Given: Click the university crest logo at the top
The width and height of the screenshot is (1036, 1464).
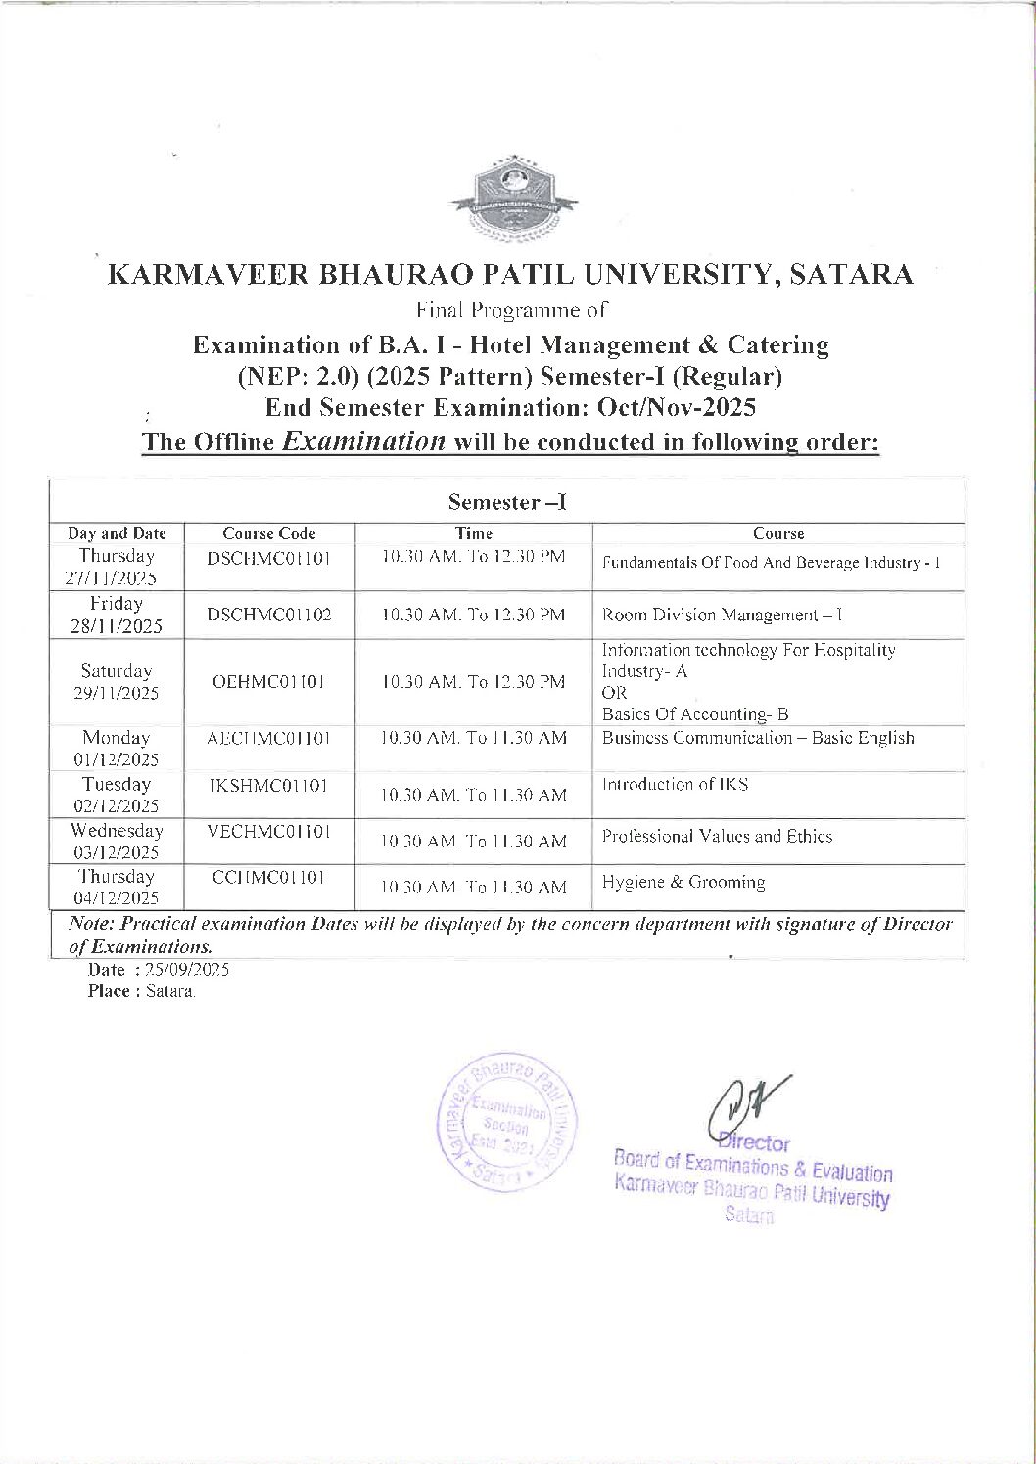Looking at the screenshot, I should (513, 197).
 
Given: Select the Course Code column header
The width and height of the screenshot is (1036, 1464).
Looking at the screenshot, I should (269, 533).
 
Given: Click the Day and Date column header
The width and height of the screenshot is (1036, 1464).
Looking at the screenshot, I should (117, 533).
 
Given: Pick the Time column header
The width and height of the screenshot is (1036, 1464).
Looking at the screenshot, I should (474, 533).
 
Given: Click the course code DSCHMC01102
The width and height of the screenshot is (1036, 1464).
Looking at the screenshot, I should (269, 615).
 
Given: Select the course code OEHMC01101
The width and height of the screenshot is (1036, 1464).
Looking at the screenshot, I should (269, 681).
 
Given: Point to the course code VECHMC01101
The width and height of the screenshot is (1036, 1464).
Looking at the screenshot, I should (269, 831).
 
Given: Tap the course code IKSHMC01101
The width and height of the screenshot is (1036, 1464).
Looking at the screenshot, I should (269, 785).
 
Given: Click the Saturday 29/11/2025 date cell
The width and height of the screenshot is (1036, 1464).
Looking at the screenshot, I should (117, 682).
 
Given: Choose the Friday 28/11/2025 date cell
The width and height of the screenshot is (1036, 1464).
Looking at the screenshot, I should (117, 615).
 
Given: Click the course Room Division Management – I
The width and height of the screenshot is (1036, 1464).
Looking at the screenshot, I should (722, 615).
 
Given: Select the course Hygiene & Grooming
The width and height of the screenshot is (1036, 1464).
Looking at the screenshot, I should (683, 882).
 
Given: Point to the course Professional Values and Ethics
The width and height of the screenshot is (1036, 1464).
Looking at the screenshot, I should (717, 836).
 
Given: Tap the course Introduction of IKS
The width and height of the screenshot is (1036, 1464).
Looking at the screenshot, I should (676, 784).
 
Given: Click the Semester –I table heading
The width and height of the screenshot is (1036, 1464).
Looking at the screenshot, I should (507, 503).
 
